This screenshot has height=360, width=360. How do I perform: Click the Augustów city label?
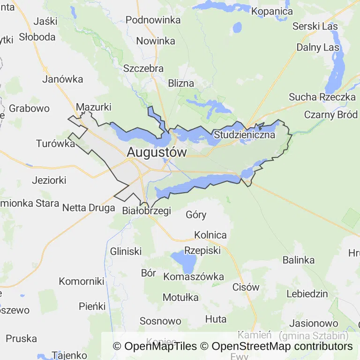pyautogui.click(x=157, y=152)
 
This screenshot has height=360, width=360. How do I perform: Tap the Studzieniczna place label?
pyautogui.click(x=244, y=135)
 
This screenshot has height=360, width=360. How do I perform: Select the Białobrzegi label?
pyautogui.click(x=146, y=211)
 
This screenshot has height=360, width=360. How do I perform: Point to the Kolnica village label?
pyautogui.click(x=210, y=235)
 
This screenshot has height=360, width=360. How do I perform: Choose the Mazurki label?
pyautogui.click(x=93, y=107)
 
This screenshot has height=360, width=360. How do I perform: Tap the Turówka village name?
pyautogui.click(x=55, y=143)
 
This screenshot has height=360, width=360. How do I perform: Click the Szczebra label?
pyautogui.click(x=143, y=68)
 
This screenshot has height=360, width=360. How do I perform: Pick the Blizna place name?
pyautogui.click(x=180, y=83)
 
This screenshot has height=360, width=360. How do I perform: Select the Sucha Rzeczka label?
pyautogui.click(x=322, y=97)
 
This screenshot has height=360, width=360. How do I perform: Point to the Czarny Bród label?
pyautogui.click(x=331, y=115)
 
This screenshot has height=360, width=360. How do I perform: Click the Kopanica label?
pyautogui.click(x=272, y=11)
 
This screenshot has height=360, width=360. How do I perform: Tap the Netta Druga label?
pyautogui.click(x=89, y=207)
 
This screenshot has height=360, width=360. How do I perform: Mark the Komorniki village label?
pyautogui.click(x=81, y=281)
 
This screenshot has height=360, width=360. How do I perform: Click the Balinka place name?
pyautogui.click(x=298, y=260)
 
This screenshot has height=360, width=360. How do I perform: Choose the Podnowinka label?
pyautogui.click(x=153, y=20)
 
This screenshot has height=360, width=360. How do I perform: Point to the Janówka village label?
pyautogui.click(x=62, y=79)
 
